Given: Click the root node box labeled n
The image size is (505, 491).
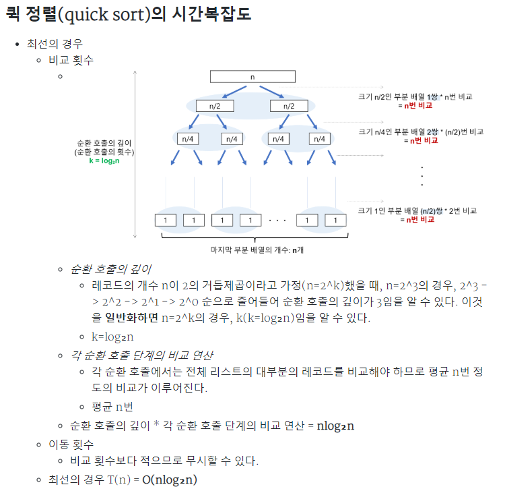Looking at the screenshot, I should click(252, 78).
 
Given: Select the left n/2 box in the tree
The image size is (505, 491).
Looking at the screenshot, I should click(214, 107).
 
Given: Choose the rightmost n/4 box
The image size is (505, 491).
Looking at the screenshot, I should click(321, 139).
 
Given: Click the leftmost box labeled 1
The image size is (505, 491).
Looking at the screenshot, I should click(166, 221).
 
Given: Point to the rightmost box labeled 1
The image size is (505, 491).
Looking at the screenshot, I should click(335, 221).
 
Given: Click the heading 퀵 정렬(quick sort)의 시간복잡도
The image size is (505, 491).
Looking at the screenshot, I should click(128, 14).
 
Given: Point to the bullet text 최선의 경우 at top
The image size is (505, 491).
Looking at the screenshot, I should click(55, 44).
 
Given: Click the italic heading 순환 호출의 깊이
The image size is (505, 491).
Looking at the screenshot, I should click(110, 268).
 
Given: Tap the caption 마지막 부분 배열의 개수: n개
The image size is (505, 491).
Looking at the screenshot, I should click(252, 251).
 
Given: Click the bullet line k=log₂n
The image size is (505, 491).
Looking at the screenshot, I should click(113, 336).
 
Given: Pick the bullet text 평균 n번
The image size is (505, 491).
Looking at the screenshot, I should click(112, 406).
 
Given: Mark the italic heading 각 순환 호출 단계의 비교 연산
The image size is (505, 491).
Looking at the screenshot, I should click(143, 354).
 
